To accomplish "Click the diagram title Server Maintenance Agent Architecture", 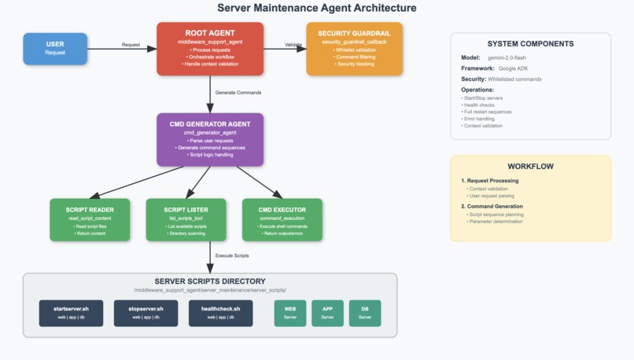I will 316,9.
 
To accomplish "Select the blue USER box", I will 55,48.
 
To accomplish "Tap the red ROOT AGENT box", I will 210,48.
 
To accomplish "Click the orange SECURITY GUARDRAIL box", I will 354,48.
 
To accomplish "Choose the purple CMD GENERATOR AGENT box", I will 210,139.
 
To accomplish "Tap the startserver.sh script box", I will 71,313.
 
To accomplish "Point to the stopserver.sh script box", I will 146,313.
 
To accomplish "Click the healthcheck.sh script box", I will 220,313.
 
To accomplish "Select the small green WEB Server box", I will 289,313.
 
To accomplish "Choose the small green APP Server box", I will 327,313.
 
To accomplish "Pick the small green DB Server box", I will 365,313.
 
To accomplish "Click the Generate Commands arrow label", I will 238,93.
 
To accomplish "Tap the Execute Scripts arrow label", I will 232,255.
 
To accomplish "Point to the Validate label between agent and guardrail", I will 293,45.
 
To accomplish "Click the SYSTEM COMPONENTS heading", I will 530,44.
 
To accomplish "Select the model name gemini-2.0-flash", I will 510,58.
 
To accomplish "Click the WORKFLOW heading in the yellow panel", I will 530,167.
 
